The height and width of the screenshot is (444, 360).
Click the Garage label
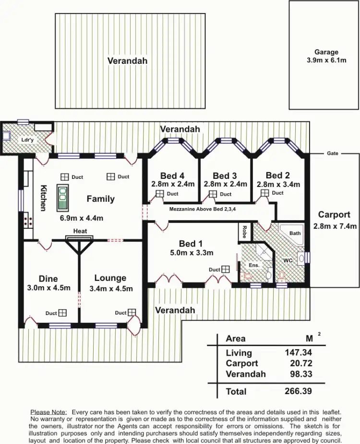click(326, 52)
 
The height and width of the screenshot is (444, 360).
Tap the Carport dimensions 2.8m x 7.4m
click(334, 226)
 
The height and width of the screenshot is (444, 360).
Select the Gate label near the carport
click(333, 153)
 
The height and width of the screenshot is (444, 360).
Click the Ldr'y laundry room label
click(27, 140)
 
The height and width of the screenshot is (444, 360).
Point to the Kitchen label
click(43, 198)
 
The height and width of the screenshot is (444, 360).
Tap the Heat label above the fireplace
click(80, 231)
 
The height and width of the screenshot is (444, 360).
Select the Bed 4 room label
click(172, 175)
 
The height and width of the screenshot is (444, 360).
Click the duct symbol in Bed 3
click(212, 194)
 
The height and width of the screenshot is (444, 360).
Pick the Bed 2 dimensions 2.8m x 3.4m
click(278, 184)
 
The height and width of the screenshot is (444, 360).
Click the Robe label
click(245, 233)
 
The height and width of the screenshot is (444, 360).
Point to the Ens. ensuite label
click(253, 265)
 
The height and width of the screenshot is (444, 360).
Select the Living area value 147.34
click(298, 352)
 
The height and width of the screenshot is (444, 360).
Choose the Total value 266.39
click(298, 391)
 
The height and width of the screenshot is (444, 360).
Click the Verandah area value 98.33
click(300, 374)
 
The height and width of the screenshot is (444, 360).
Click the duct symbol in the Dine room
click(63, 313)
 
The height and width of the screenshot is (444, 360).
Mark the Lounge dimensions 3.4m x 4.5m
click(111, 288)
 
